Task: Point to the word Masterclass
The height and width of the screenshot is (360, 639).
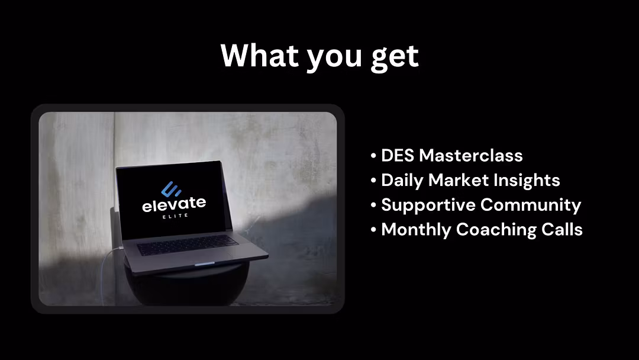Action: tap(471, 155)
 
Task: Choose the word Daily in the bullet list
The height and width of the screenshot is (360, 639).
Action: tap(402, 181)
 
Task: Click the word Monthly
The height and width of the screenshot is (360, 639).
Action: tap(416, 230)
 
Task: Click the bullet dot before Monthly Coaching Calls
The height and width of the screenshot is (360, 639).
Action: tap(373, 230)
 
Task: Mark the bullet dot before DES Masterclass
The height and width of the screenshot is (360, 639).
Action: tap(373, 156)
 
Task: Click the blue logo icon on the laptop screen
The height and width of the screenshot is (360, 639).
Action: tap(171, 189)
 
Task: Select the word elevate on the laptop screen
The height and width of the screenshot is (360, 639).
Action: tap(174, 204)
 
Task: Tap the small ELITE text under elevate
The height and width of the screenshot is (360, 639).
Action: tap(175, 216)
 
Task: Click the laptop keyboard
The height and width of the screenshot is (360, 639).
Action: tap(188, 245)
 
